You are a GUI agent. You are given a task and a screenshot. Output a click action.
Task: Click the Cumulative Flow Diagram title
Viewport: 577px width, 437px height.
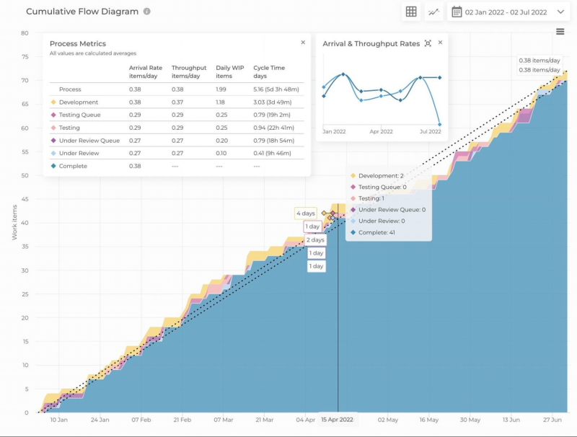[82, 12]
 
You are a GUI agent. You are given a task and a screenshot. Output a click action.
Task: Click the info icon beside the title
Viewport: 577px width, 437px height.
[147, 12]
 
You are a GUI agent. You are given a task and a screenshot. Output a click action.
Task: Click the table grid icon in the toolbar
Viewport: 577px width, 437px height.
[411, 12]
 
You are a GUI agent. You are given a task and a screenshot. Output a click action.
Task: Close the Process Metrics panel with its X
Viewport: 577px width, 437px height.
[303, 43]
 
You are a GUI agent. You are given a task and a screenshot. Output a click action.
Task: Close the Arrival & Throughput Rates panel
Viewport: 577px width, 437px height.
[440, 43]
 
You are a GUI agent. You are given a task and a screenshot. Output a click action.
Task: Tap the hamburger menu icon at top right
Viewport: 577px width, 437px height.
[560, 31]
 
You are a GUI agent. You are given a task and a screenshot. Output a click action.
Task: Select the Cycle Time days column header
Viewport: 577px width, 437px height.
[269, 71]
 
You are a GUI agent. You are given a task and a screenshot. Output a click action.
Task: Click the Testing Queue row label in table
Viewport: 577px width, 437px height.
[79, 115]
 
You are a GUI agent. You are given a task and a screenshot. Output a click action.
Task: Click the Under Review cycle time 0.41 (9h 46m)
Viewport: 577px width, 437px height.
[275, 153]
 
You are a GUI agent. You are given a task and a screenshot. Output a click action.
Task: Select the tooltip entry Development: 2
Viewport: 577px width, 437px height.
[381, 176]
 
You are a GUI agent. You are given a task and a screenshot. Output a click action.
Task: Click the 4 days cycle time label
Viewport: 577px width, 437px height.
[305, 213]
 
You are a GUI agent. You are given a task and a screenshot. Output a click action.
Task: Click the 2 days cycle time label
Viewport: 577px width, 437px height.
[315, 239]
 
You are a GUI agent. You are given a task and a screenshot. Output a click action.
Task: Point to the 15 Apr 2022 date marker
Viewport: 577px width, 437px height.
[337, 420]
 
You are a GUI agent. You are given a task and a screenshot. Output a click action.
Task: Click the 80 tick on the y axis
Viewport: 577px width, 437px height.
[24, 33]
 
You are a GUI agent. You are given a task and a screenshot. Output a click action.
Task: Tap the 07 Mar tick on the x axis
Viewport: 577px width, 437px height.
[224, 420]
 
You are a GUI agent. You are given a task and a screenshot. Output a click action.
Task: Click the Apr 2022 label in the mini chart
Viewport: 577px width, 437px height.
[381, 132]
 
